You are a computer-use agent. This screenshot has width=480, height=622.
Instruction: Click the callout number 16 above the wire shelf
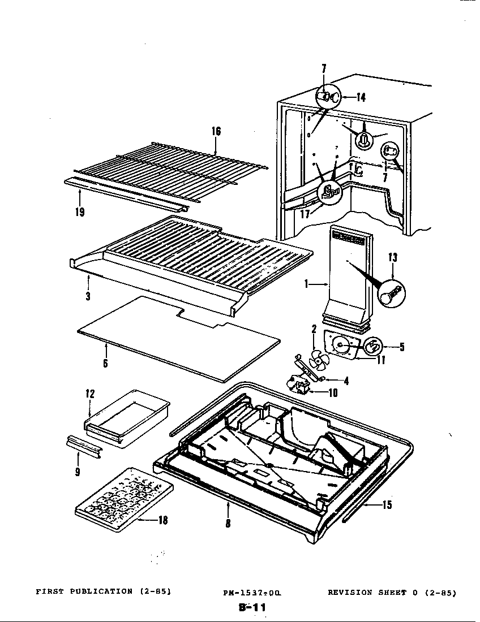point(216,131)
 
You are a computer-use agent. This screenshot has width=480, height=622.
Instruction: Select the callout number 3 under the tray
point(88,296)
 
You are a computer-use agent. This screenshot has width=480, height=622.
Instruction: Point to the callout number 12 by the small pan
point(90,394)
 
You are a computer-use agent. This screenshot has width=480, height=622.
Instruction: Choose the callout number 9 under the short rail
point(78,471)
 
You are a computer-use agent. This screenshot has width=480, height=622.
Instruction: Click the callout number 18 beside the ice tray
point(162,521)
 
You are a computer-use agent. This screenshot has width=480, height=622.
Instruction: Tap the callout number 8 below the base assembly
point(228,524)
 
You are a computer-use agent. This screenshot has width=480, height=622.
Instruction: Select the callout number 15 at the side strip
point(387,505)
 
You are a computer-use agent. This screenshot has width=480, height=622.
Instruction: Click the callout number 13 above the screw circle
point(392,258)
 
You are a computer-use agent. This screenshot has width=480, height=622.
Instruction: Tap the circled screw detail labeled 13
point(391,293)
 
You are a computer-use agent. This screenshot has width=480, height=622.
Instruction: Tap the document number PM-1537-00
point(251,593)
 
